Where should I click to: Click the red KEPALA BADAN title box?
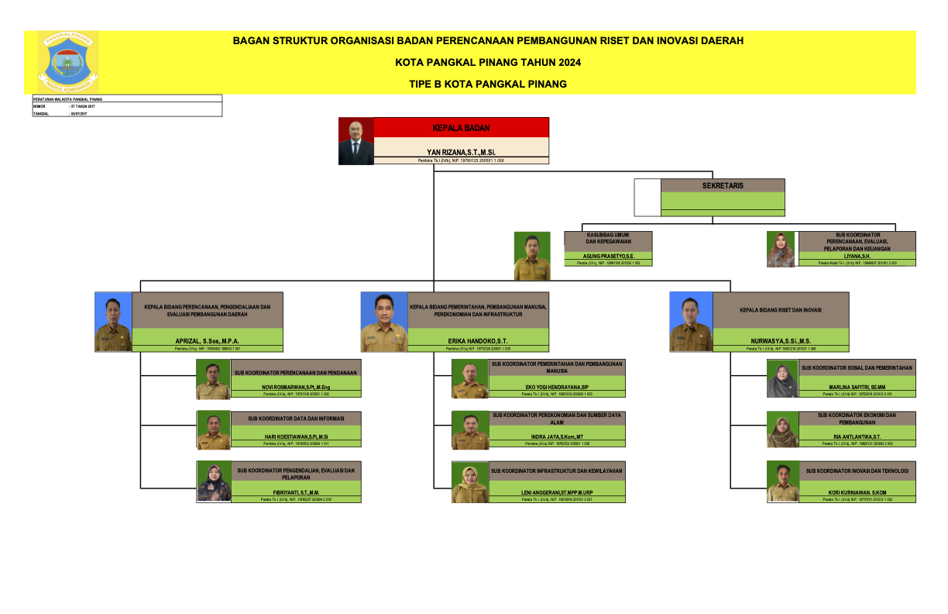pyautogui.click(x=461, y=128)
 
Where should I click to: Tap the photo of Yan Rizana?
pyautogui.click(x=355, y=141)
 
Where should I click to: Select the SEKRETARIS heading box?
pyautogui.click(x=723, y=185)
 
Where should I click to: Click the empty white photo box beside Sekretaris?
pyautogui.click(x=647, y=198)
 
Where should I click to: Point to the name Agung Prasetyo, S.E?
pyautogui.click(x=608, y=256)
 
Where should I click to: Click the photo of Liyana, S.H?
pyautogui.click(x=780, y=249)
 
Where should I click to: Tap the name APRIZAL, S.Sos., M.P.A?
pyautogui.click(x=207, y=340)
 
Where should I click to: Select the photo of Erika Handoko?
pyautogui.click(x=383, y=322)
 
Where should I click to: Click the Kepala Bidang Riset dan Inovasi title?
pyautogui.click(x=780, y=310)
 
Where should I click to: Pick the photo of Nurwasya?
pyautogui.click(x=691, y=322)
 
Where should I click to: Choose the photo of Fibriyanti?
pyautogui.click(x=214, y=482)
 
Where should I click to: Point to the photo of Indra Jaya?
pyautogui.click(x=470, y=430)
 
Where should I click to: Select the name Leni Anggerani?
pyautogui.click(x=557, y=493)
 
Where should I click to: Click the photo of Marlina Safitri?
pyautogui.click(x=782, y=379)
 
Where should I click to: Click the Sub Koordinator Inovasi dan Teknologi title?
pyautogui.click(x=857, y=471)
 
